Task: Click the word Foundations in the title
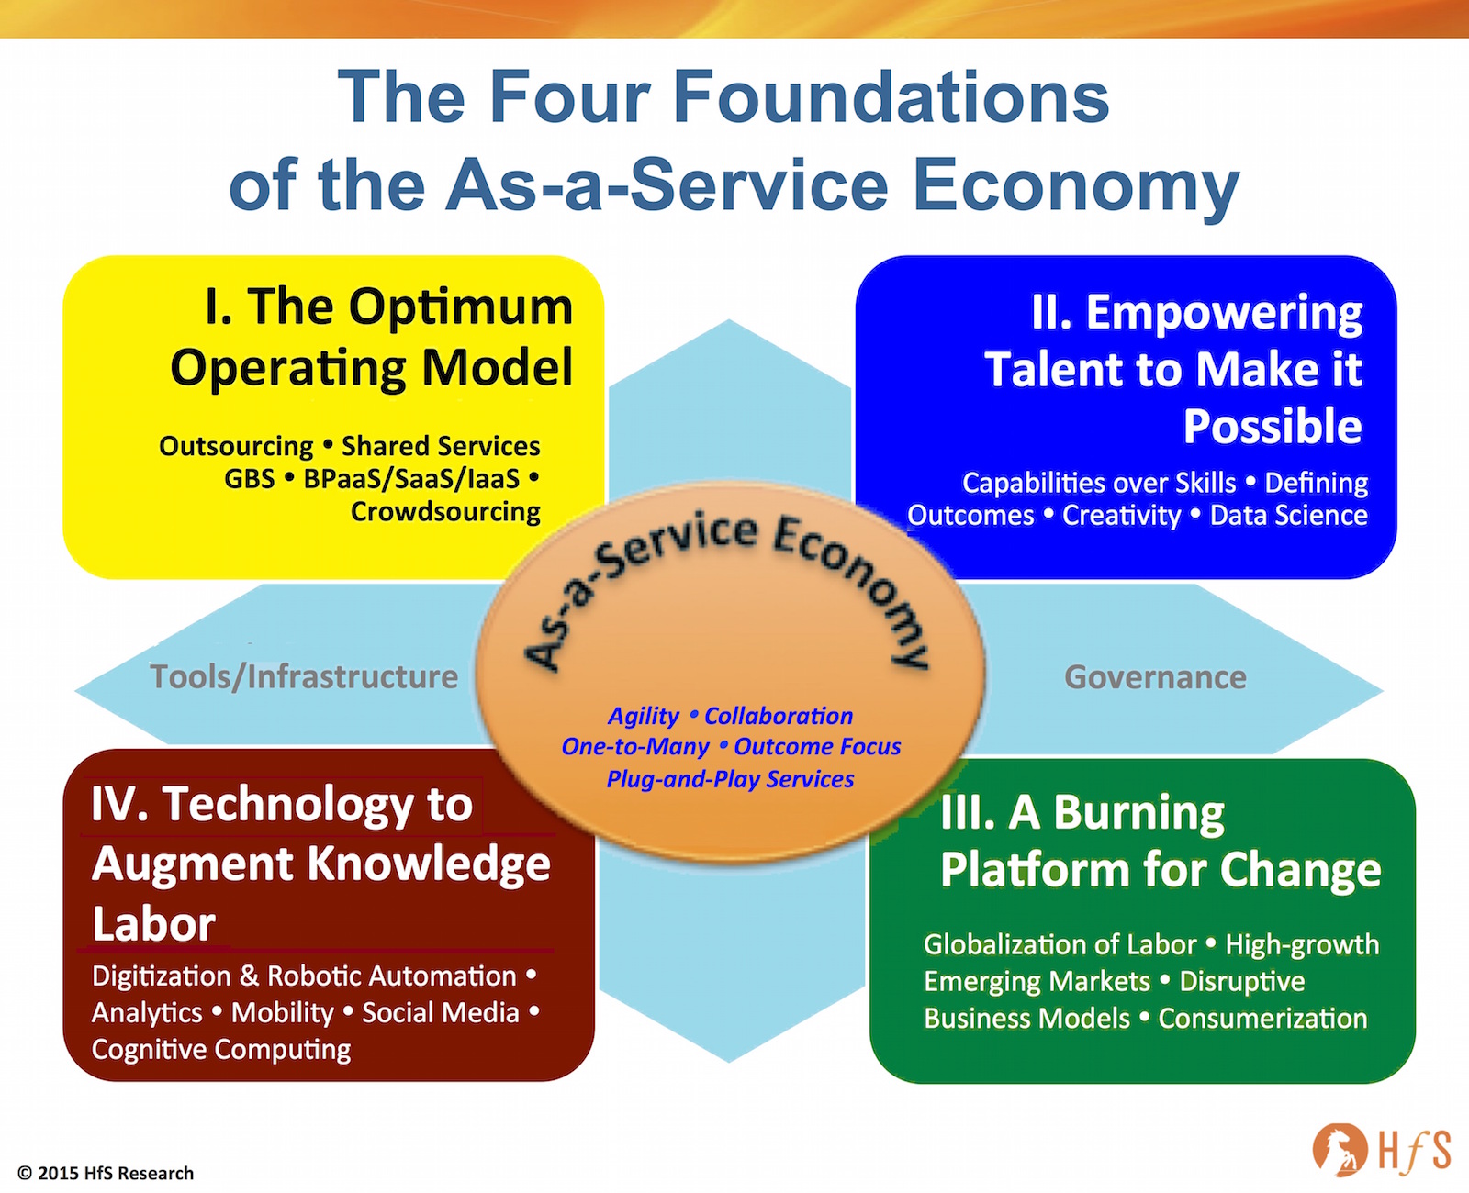pyautogui.click(x=891, y=97)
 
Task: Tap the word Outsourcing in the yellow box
pyautogui.click(x=236, y=446)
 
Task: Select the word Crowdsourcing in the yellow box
pyautogui.click(x=445, y=512)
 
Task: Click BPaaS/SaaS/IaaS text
pyautogui.click(x=411, y=479)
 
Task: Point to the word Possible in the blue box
pyautogui.click(x=1272, y=427)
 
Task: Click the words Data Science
pyautogui.click(x=1288, y=516)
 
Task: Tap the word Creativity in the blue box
pyautogui.click(x=1121, y=516)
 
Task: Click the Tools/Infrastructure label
pyautogui.click(x=304, y=677)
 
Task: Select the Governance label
pyautogui.click(x=1155, y=677)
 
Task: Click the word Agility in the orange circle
pyautogui.click(x=644, y=716)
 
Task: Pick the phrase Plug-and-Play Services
pyautogui.click(x=730, y=779)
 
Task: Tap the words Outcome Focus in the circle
pyautogui.click(x=817, y=747)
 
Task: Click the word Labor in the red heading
pyautogui.click(x=153, y=924)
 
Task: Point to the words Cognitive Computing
pyautogui.click(x=221, y=1050)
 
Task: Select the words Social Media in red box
pyautogui.click(x=441, y=1013)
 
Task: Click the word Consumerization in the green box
pyautogui.click(x=1262, y=1019)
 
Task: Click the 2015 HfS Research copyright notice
pyautogui.click(x=106, y=1173)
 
